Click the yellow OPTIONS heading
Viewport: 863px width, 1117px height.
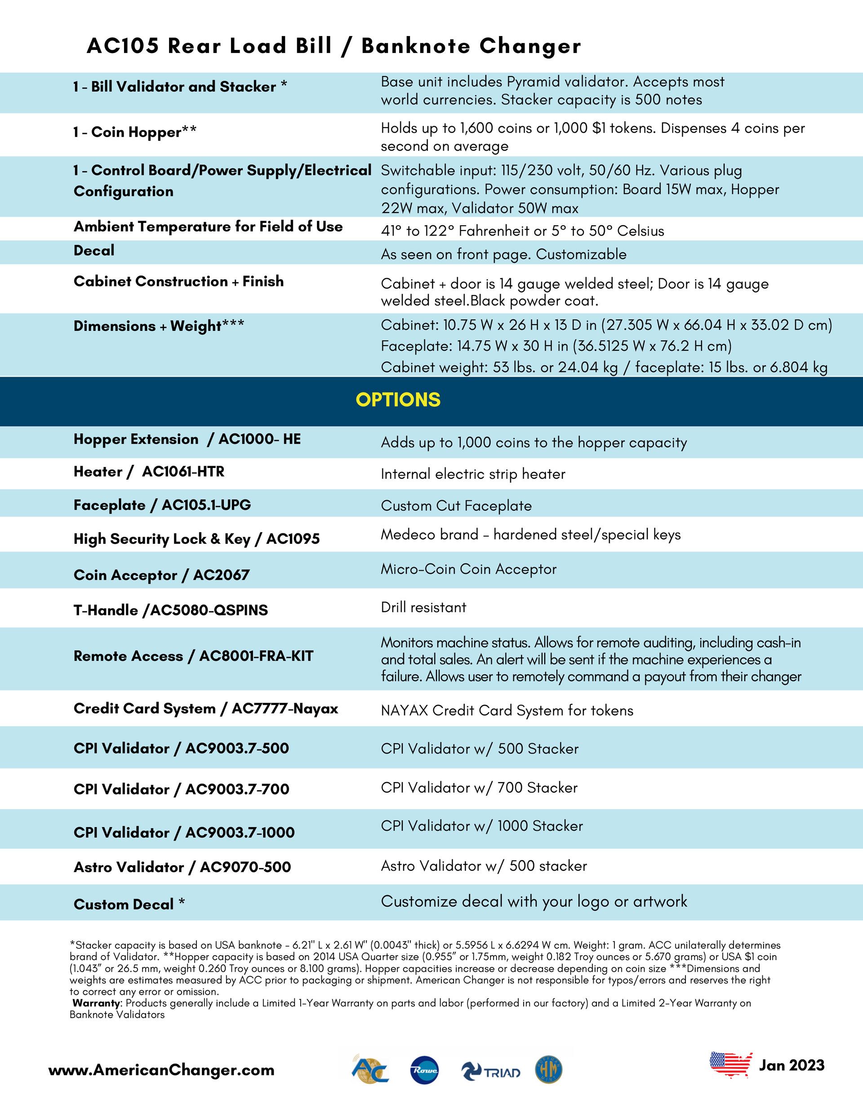click(x=398, y=400)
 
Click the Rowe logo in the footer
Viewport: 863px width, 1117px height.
click(x=424, y=1070)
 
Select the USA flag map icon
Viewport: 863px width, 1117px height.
click(x=730, y=1065)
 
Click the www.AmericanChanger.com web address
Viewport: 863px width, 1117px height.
click(x=161, y=1070)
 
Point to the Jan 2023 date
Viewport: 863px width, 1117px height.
click(x=792, y=1065)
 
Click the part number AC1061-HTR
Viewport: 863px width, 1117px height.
click(x=183, y=472)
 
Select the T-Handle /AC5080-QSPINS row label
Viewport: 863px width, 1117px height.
click(x=170, y=610)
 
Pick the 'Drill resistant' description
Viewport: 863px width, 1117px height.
click(x=423, y=608)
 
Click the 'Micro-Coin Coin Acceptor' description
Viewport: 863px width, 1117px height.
click(x=469, y=569)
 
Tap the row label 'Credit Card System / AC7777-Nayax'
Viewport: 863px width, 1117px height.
click(x=206, y=709)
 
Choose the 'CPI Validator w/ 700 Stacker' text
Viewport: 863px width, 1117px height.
click(x=479, y=788)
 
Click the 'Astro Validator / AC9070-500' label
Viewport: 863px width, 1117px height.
click(x=182, y=868)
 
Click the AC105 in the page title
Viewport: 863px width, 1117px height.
click(x=122, y=46)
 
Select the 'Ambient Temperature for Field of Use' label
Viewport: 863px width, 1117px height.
click(x=208, y=227)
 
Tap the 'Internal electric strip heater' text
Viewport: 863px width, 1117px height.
click(x=473, y=474)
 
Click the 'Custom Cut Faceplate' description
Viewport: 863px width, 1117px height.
click(x=456, y=506)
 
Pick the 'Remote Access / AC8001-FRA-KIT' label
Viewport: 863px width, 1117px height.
click(x=193, y=656)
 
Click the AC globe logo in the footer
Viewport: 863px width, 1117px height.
click(x=370, y=1070)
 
